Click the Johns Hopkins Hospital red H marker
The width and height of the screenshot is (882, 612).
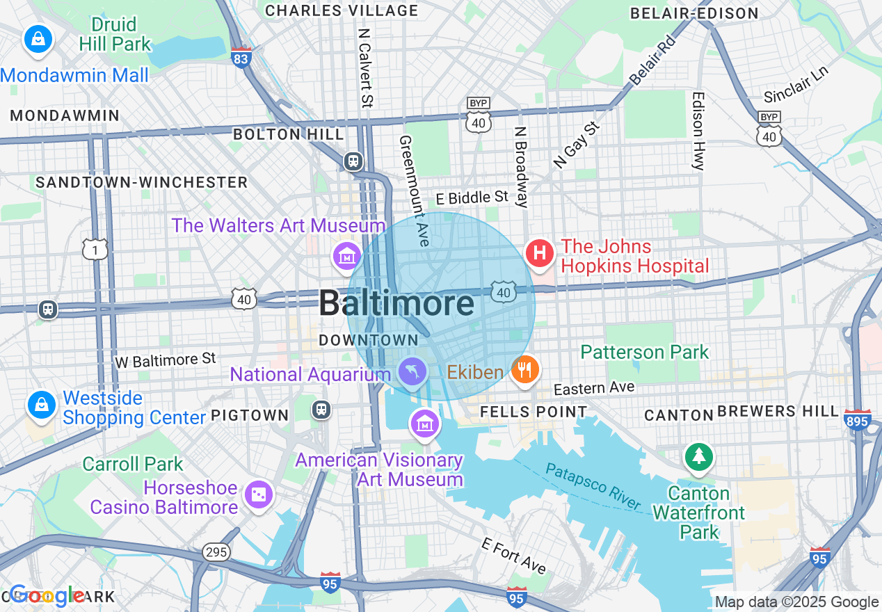tap(539, 252)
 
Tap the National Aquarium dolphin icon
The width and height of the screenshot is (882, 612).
tap(412, 371)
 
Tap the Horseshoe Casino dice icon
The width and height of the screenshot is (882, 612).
tap(259, 494)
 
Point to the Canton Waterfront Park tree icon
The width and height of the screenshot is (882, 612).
tap(698, 457)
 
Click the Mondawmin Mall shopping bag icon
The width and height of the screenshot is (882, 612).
tap(38, 39)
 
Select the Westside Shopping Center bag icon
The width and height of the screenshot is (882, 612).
tap(41, 404)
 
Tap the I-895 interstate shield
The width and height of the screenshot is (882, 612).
tap(858, 419)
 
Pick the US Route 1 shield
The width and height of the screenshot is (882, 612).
tap(95, 249)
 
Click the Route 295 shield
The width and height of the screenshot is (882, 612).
tap(216, 552)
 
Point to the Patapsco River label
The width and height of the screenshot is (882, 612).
tap(593, 486)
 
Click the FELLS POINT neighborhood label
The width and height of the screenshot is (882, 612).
tap(534, 412)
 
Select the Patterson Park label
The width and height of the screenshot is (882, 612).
tap(644, 352)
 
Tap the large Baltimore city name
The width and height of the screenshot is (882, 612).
tap(396, 304)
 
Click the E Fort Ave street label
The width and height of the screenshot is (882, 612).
tap(513, 555)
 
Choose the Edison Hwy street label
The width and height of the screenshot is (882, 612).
tap(698, 131)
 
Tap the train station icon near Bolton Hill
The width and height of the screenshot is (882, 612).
tap(353, 161)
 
